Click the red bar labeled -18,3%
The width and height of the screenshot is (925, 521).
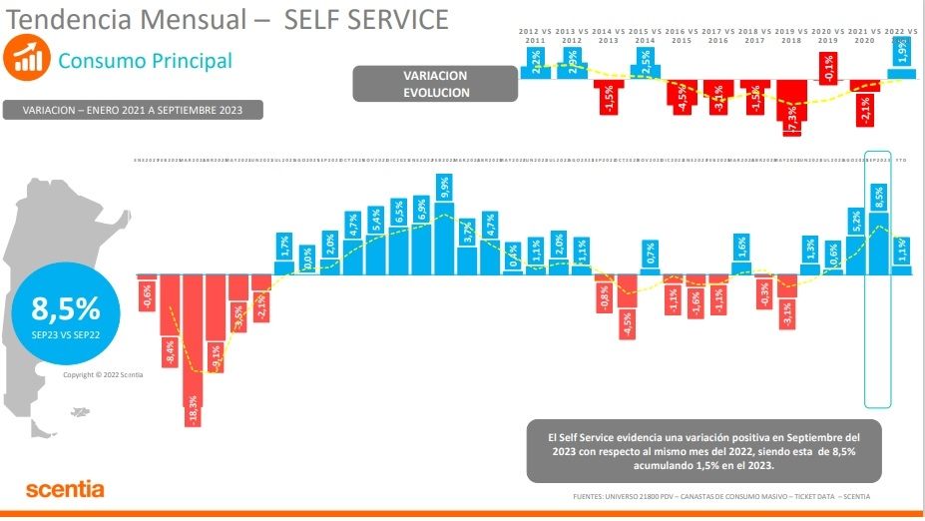pyautogui.click(x=193, y=349)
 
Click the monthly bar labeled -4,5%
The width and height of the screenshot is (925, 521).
pyautogui.click(x=627, y=305)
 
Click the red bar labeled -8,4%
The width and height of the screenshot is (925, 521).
pyautogui.click(x=170, y=319)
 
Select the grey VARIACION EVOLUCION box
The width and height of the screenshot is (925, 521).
pyautogui.click(x=435, y=84)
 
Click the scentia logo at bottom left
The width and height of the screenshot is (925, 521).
pyautogui.click(x=65, y=489)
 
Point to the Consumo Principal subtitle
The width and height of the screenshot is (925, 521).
pyautogui.click(x=145, y=61)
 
